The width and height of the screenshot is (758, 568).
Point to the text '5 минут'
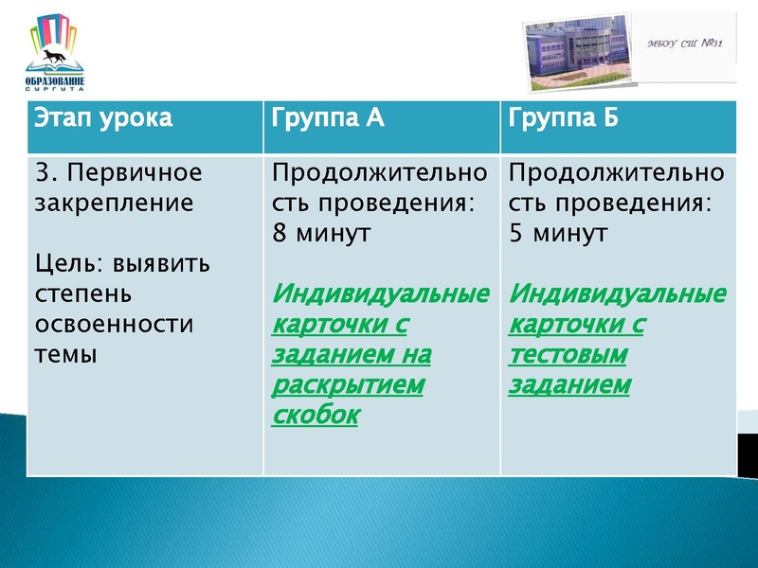coord(557,234)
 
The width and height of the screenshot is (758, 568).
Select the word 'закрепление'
coord(114,203)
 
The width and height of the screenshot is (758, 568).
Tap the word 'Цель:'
coord(65,262)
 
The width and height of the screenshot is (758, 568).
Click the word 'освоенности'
coord(113,324)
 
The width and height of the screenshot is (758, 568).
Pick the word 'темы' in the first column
coord(65,354)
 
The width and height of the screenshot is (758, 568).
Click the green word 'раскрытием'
coord(348,385)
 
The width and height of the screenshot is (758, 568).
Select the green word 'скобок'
coord(316,416)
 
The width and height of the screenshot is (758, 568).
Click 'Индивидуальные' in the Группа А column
coord(380,294)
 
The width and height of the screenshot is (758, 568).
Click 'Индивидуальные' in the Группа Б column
coord(618,294)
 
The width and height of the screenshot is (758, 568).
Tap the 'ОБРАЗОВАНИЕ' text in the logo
coord(55,82)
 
